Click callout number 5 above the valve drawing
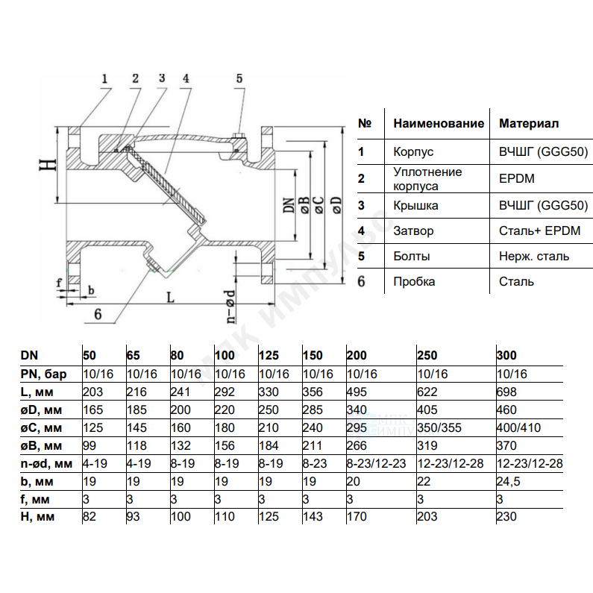point(239,78)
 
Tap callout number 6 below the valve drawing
point(98,314)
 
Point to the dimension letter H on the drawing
point(48,165)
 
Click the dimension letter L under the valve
point(171,298)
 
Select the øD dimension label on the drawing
point(337,205)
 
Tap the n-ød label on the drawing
point(230,307)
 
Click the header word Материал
point(529,123)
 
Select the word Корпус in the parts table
point(413,151)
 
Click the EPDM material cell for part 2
point(517,178)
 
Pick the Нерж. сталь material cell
point(534,256)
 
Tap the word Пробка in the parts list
point(414,281)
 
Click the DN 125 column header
point(269,355)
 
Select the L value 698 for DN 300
point(506,392)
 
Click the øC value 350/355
point(439,427)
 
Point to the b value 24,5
point(508,481)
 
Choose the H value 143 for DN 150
point(313,516)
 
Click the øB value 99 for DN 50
point(90,445)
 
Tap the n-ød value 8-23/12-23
point(376,463)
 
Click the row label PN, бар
point(43,374)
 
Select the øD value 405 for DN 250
point(427,410)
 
